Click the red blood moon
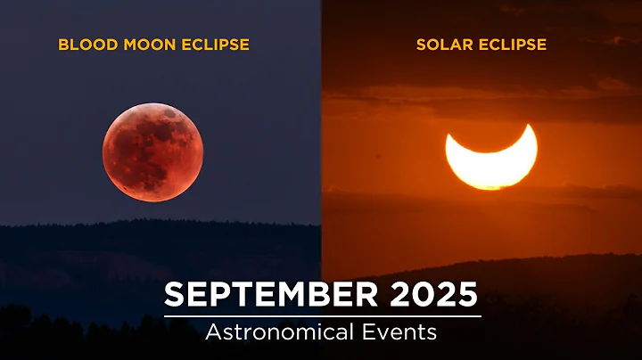pos(152,151)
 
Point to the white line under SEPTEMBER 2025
pos(322,315)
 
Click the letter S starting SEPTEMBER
pos(174,295)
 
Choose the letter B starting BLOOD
pos(62,44)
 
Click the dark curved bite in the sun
pos(490,134)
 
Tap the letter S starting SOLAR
pos(421,44)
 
